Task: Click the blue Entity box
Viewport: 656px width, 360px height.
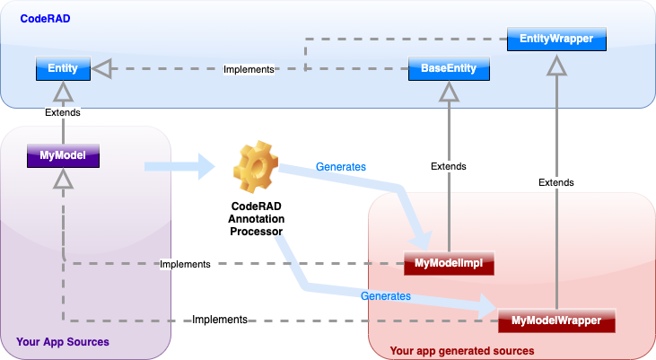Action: click(62, 68)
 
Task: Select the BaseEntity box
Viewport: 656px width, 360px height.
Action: click(449, 68)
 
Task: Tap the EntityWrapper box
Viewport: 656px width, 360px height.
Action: click(556, 39)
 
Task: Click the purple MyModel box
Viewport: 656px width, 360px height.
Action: click(62, 157)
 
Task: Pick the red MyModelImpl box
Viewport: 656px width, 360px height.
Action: click(449, 263)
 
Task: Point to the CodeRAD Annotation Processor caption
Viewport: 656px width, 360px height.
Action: click(257, 218)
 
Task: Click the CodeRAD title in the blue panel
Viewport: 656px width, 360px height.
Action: click(45, 18)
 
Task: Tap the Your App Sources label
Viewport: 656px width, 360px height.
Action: click(63, 342)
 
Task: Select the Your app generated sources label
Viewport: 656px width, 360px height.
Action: click(462, 350)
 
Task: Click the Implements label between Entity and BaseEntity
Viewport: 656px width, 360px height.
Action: click(249, 69)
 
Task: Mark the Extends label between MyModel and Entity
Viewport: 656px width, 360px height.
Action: click(62, 112)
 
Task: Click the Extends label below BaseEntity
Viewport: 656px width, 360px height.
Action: click(449, 166)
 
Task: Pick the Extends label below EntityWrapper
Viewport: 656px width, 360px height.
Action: click(556, 182)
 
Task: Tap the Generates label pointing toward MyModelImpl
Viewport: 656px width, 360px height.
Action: click(340, 166)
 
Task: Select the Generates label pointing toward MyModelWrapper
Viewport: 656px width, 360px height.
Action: click(385, 295)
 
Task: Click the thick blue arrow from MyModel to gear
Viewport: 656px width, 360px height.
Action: click(179, 165)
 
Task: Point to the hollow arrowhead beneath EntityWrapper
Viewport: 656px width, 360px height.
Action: click(557, 65)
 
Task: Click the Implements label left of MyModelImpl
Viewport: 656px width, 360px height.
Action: click(184, 264)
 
